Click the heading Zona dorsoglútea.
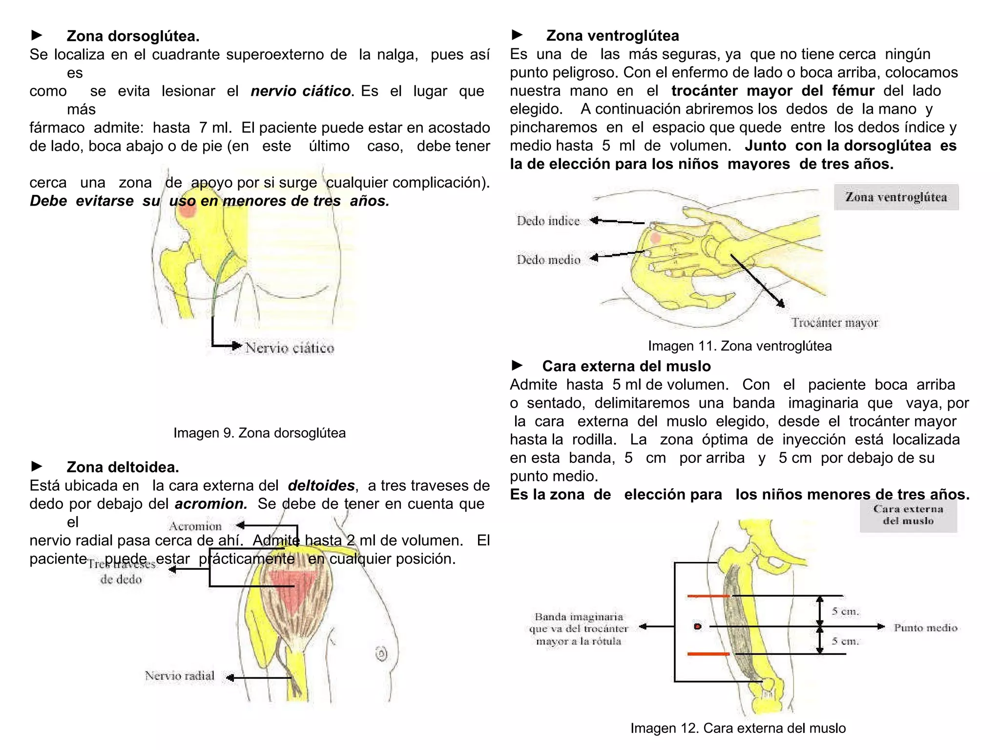tap(133, 36)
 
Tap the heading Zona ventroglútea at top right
tap(612, 36)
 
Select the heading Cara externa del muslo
tap(626, 366)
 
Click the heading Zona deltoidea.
tap(123, 467)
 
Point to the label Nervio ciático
tap(290, 348)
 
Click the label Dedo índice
tap(548, 221)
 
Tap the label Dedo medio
tap(549, 260)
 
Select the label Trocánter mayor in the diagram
tap(834, 323)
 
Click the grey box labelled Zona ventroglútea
tap(896, 197)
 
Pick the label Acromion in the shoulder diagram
tap(195, 526)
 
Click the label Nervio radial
tap(180, 676)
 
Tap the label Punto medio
tap(925, 628)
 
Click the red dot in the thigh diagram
tap(698, 626)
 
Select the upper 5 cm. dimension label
tap(845, 611)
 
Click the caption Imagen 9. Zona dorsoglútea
tap(259, 433)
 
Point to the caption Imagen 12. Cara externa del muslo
tap(738, 728)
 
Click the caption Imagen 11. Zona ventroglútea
tap(739, 346)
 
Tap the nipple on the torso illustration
tap(381, 653)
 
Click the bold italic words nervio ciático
tap(301, 91)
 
